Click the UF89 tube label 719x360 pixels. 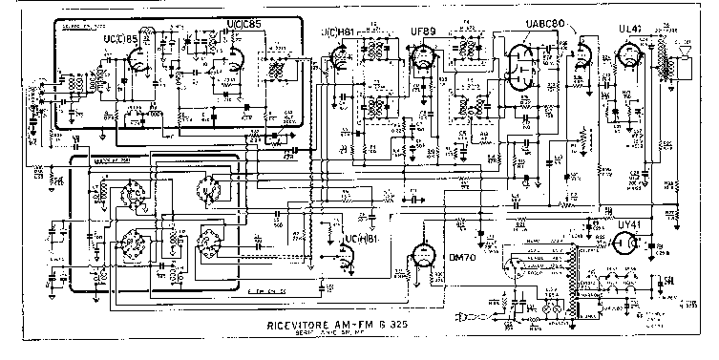(x=421, y=31)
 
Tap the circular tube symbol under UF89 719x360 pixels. (x=420, y=59)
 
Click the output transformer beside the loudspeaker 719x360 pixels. (x=658, y=65)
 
